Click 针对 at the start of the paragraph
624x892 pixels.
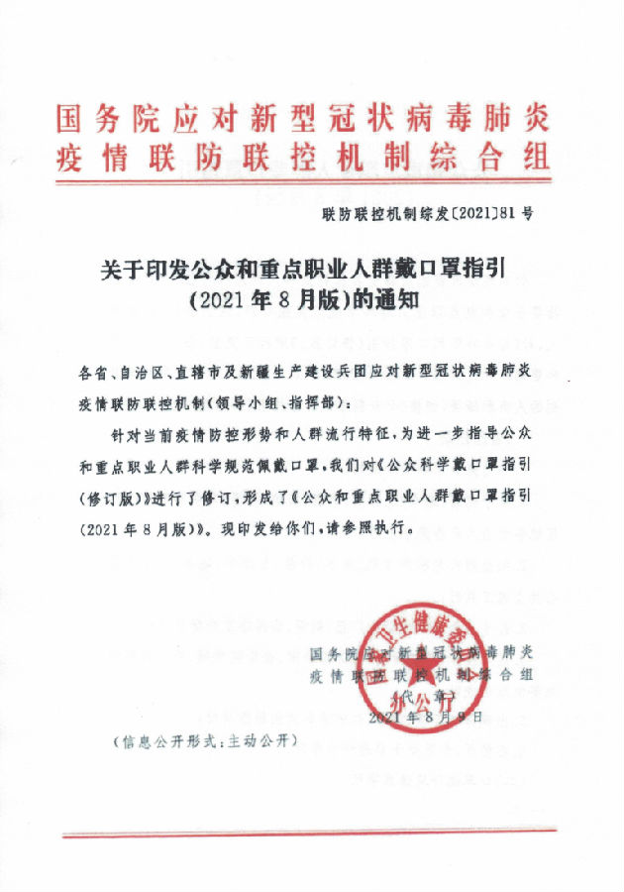tap(129, 436)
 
